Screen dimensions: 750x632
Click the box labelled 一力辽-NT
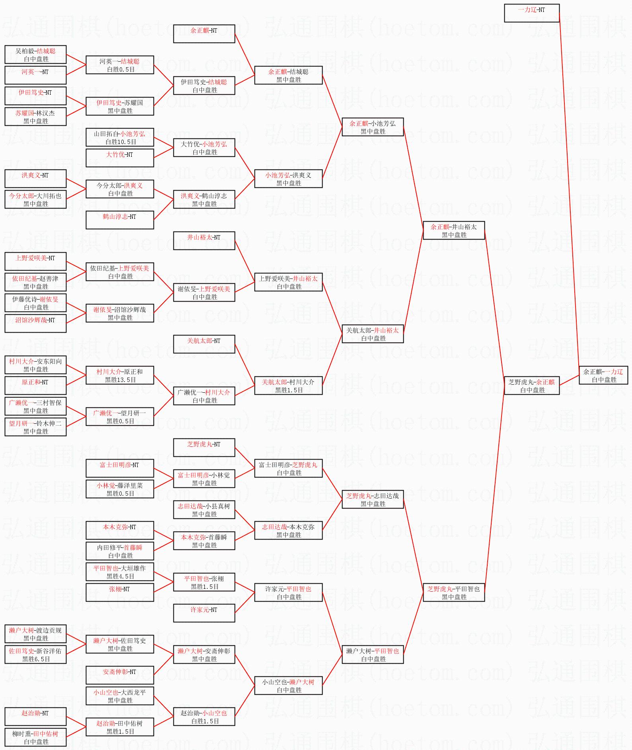click(x=531, y=13)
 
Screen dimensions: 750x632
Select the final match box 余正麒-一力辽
click(x=603, y=375)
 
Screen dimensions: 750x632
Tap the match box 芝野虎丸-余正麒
click(x=531, y=386)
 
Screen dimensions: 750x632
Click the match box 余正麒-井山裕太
click(x=453, y=230)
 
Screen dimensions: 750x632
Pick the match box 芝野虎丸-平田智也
click(x=453, y=592)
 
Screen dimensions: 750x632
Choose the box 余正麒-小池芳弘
click(x=373, y=127)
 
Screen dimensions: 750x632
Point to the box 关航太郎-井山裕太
click(x=373, y=334)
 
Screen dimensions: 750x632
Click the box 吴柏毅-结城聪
click(x=35, y=55)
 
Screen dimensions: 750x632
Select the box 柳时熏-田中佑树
click(x=35, y=737)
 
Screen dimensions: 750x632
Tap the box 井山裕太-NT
click(x=204, y=241)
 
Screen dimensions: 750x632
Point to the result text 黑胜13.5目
click(x=121, y=380)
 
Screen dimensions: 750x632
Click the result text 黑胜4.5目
click(x=121, y=577)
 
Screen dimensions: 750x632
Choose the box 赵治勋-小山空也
click(x=204, y=717)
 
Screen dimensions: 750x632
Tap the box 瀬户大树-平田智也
click(x=373, y=655)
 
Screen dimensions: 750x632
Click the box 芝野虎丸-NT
click(x=204, y=448)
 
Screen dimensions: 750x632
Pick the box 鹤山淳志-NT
click(x=120, y=220)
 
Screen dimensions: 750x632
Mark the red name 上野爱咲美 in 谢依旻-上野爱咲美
click(x=215, y=289)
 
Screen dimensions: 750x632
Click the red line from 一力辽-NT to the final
click(x=569, y=191)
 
